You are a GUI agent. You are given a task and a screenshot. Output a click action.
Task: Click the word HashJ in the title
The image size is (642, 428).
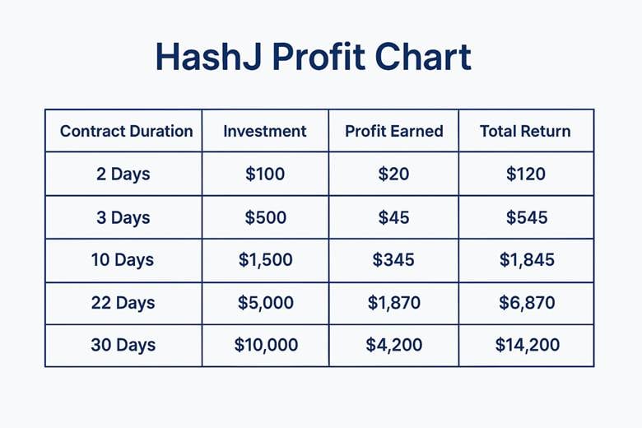point(209,57)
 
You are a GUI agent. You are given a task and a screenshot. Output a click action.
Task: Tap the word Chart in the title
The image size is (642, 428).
point(423,57)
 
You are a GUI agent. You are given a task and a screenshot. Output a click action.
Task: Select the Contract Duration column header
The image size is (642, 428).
point(126,131)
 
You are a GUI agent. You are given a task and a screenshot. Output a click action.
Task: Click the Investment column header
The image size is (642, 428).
point(265,131)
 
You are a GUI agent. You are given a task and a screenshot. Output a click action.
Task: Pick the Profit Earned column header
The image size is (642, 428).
point(394,131)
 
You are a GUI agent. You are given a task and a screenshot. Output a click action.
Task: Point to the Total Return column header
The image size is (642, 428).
point(525,131)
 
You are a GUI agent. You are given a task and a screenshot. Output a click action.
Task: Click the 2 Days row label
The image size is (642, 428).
point(123,174)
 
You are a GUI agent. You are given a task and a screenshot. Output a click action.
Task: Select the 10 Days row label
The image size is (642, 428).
point(123,260)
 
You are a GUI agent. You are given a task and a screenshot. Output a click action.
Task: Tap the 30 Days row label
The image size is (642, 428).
point(123,345)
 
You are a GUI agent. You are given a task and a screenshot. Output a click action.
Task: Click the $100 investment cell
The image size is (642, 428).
point(265,174)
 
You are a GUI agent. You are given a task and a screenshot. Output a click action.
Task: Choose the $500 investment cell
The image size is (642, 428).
point(265,217)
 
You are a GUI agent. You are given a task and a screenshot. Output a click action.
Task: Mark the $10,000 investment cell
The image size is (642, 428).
point(266,344)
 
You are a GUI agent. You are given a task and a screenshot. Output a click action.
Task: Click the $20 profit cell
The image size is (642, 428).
point(393,174)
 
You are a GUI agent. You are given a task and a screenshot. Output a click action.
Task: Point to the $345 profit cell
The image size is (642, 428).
point(393,259)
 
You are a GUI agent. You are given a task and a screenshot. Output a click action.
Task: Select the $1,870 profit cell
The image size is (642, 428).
point(394,303)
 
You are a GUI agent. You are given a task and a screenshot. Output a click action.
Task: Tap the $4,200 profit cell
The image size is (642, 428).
point(394,344)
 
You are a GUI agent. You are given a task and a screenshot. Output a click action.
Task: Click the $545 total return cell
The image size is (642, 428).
point(527,217)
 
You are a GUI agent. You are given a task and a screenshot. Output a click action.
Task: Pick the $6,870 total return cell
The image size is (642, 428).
point(527,303)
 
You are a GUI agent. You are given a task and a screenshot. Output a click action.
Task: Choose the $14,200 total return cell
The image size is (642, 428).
point(528,344)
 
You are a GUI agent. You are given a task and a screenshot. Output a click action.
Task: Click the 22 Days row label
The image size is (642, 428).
point(123,303)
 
